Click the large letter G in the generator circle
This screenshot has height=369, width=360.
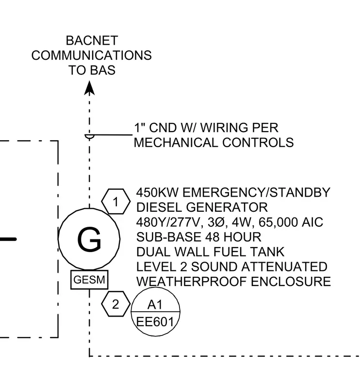89,239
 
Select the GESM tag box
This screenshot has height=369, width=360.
89,280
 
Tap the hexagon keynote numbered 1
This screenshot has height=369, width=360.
115,201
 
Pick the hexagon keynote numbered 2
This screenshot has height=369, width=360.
115,304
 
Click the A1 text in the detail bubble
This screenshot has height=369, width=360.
155,305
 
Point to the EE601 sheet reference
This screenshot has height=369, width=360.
155,322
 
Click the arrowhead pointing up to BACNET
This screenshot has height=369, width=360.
89,88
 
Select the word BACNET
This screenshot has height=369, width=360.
92,40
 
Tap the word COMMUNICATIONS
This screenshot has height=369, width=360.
92,55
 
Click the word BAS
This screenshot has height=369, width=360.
103,70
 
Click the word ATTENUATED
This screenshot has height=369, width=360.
284,267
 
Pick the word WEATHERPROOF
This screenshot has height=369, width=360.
192,282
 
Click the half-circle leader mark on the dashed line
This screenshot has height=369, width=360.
89,136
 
